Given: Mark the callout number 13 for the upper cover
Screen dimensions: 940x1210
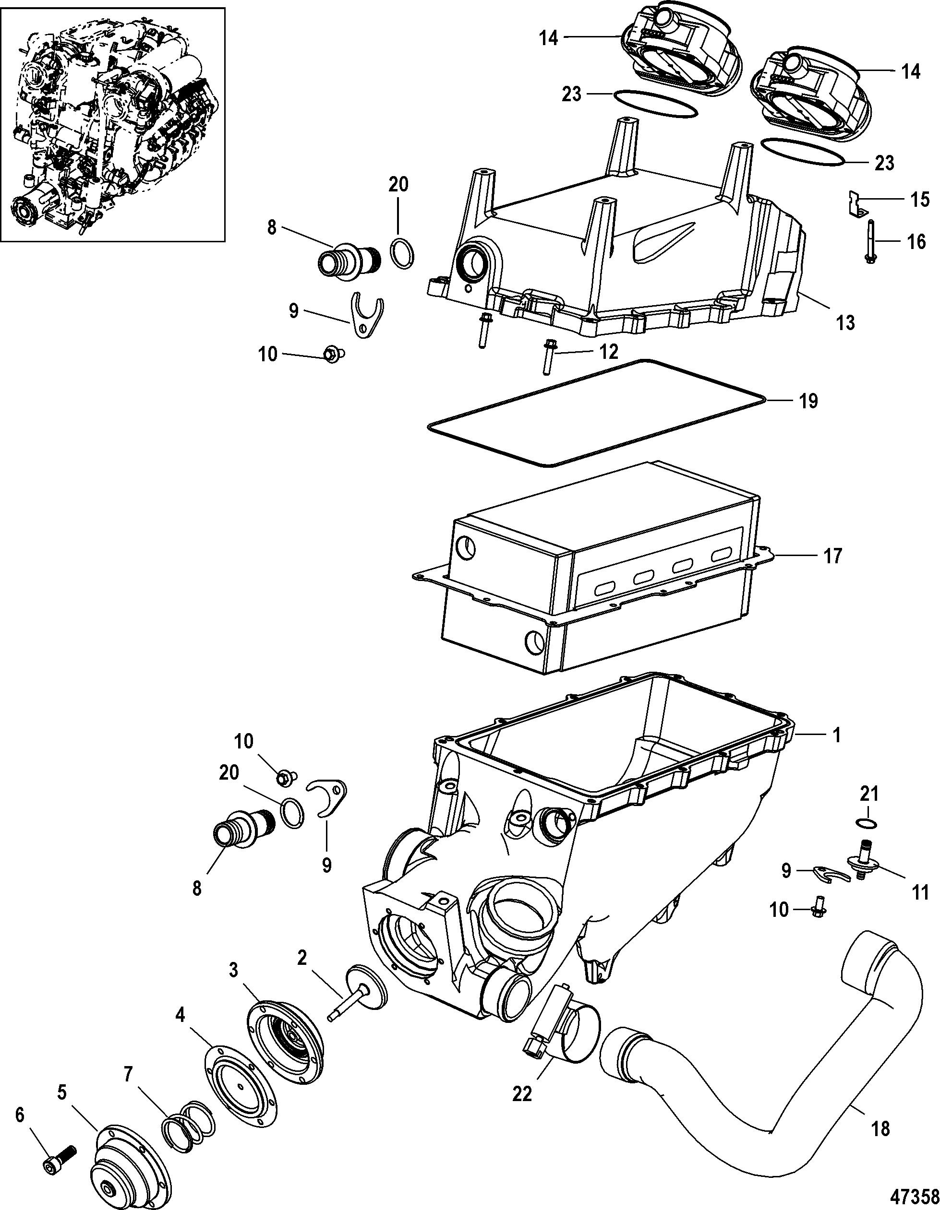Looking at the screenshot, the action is pos(845,322).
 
